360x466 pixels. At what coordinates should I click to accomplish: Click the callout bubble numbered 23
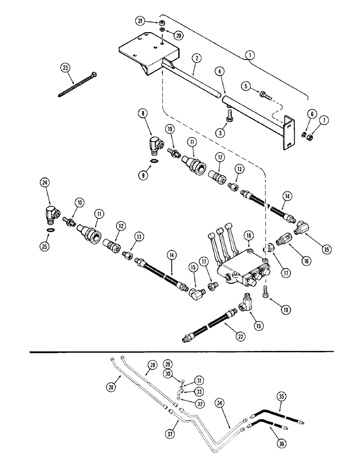(x=65, y=68)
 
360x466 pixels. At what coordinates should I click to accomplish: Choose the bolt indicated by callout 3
(x=228, y=119)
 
